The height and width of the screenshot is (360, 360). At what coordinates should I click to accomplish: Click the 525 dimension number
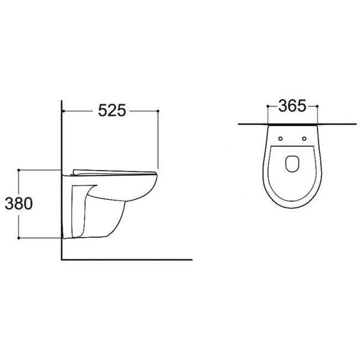[112, 110]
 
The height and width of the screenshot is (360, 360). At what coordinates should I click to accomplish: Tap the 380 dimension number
[19, 204]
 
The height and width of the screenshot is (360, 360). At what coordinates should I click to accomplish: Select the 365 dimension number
[292, 106]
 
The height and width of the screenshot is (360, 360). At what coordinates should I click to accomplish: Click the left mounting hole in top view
[280, 138]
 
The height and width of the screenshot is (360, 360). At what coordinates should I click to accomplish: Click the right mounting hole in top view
[304, 138]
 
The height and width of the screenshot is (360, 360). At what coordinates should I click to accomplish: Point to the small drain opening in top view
[292, 164]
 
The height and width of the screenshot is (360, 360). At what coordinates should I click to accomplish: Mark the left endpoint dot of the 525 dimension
[63, 111]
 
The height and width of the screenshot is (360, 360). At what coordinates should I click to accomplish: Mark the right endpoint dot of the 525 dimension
[158, 111]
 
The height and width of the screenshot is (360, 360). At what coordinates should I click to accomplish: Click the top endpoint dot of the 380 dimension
[19, 170]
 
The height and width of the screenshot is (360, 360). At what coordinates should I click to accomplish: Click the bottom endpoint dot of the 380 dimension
[19, 238]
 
